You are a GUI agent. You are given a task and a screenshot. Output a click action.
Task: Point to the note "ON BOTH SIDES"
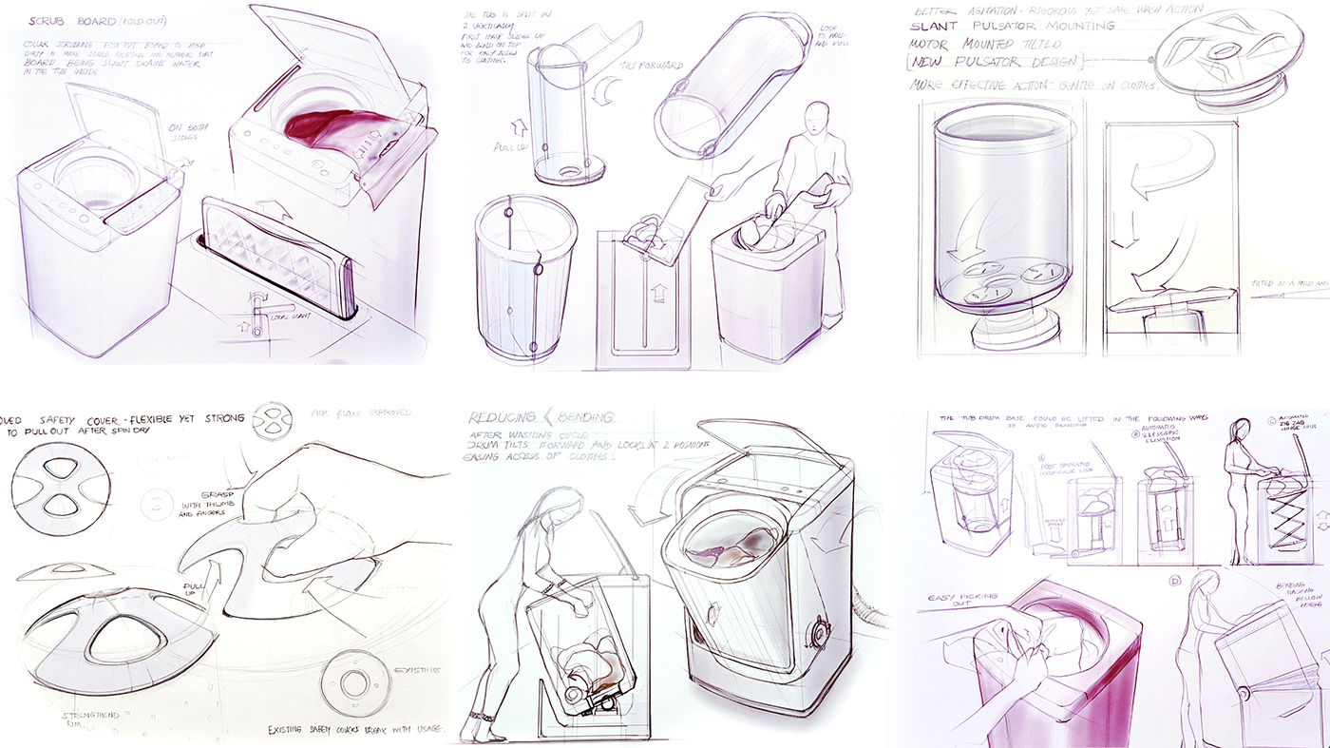click(x=189, y=135)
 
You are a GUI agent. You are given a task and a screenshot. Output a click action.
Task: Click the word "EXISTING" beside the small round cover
click(x=415, y=670)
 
